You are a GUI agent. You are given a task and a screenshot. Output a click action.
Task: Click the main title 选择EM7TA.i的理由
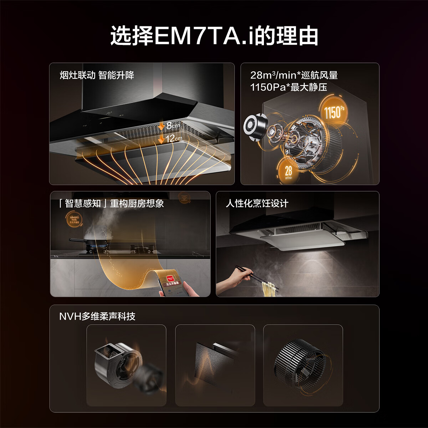coord(214,36)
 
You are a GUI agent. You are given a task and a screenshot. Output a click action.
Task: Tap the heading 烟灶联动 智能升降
coord(97,75)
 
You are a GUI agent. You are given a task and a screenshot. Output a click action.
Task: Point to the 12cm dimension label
coord(173,138)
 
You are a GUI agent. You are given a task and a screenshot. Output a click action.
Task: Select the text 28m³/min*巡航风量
coord(294,75)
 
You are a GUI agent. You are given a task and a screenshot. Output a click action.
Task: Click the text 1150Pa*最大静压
coord(288,87)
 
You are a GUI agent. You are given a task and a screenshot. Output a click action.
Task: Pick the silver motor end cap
coord(255,127)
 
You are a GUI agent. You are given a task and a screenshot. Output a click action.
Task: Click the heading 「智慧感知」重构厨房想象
coord(111,203)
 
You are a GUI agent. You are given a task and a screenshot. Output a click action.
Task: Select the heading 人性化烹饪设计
coord(257,203)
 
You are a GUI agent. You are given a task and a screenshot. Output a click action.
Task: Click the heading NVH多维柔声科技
coord(97,316)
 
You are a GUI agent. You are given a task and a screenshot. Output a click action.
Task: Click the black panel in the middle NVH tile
coord(207,364)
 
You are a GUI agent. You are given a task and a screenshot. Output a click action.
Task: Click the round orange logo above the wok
coord(74,219)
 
